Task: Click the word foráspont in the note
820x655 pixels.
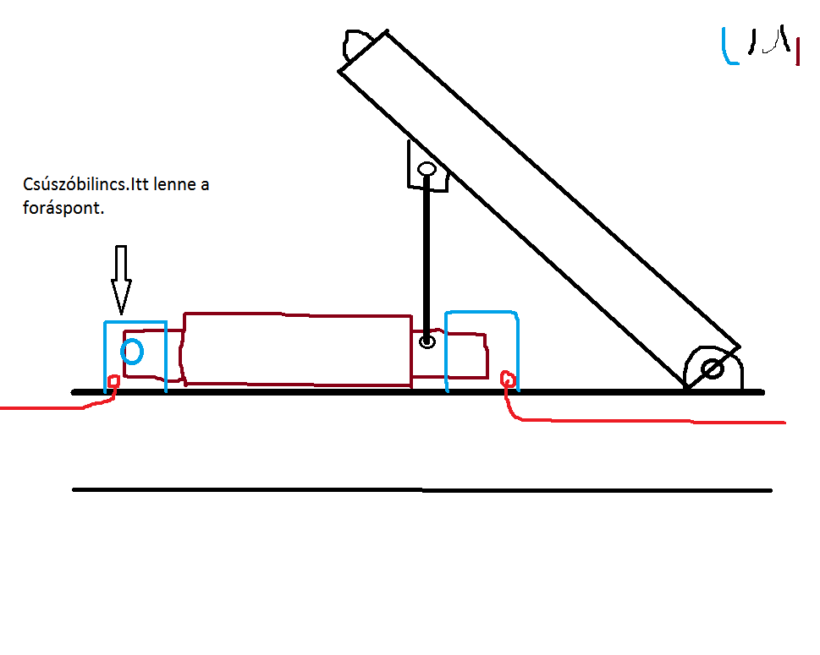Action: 64,209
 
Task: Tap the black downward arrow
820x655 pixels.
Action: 121,280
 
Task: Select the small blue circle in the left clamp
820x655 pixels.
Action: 131,350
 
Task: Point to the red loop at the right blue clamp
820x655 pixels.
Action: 509,379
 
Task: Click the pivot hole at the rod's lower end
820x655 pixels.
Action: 427,341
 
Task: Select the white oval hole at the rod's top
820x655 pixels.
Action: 427,169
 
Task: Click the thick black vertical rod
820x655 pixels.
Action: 427,254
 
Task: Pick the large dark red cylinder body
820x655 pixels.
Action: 296,349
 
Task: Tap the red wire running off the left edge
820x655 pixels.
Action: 42,408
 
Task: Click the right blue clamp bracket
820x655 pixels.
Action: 482,314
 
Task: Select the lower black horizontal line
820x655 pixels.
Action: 423,489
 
